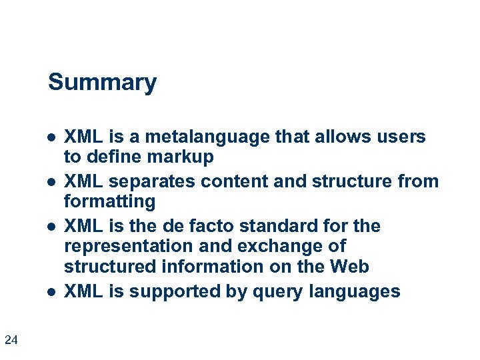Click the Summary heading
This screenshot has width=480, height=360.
point(102,83)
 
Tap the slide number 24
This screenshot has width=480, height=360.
point(11,341)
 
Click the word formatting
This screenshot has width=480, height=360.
point(109,201)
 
